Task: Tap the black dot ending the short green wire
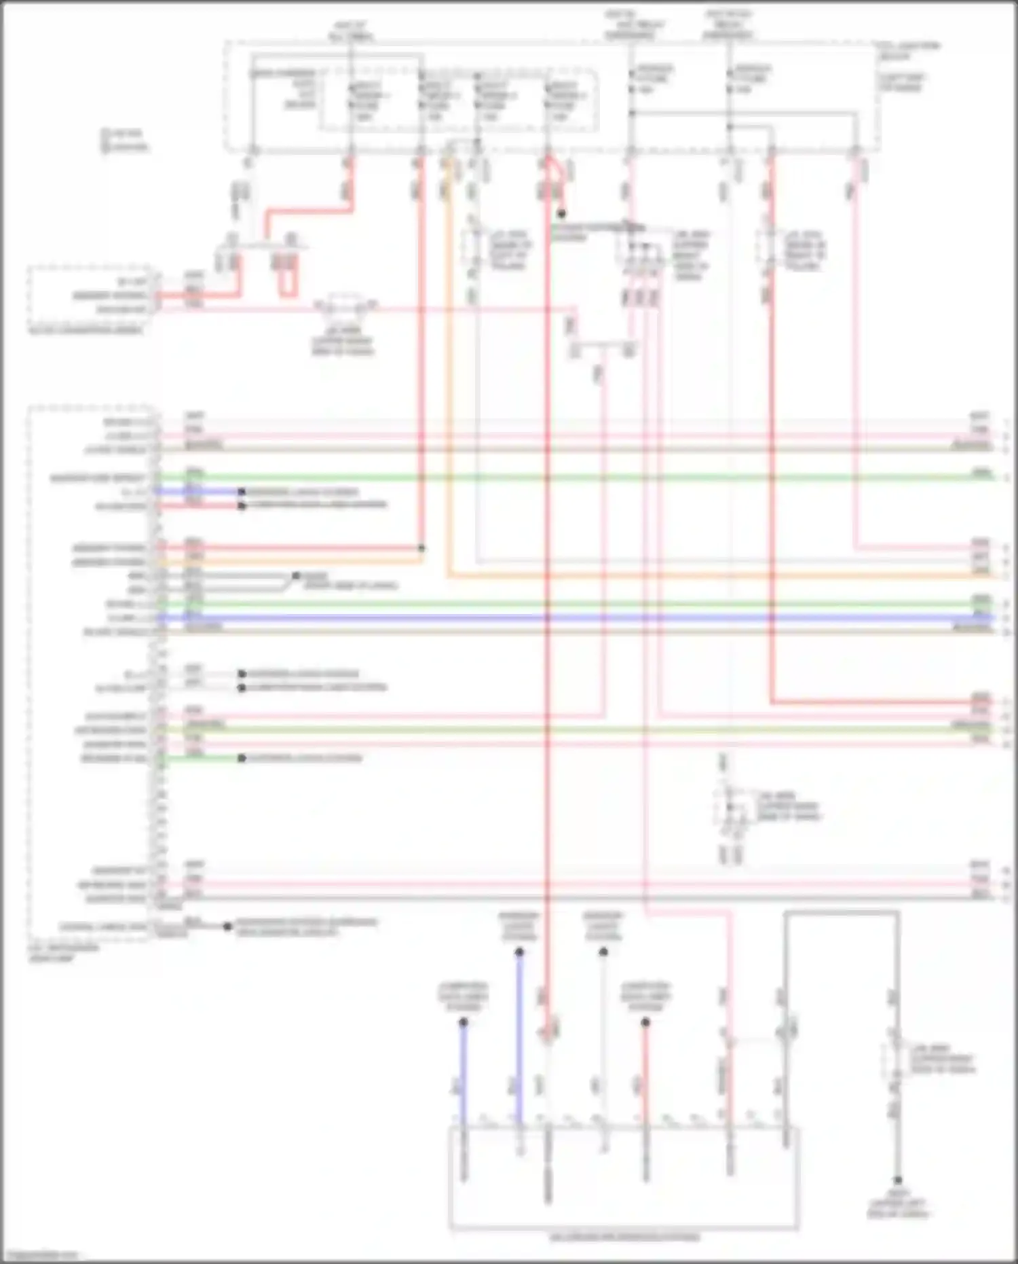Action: coord(242,758)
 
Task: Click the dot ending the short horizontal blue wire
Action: coord(242,492)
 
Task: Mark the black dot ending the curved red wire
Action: coord(561,214)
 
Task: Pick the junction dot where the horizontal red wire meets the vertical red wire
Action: coord(421,548)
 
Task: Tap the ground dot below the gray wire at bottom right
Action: coord(897,1180)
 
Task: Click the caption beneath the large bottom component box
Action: coord(624,1238)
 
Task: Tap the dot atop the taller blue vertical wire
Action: coord(519,953)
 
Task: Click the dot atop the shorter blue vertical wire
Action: coord(464,1022)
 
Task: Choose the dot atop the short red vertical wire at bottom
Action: coord(645,1022)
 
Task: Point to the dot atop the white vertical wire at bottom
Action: coord(603,953)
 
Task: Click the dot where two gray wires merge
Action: coord(296,576)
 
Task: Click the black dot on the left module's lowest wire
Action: coord(227,926)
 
